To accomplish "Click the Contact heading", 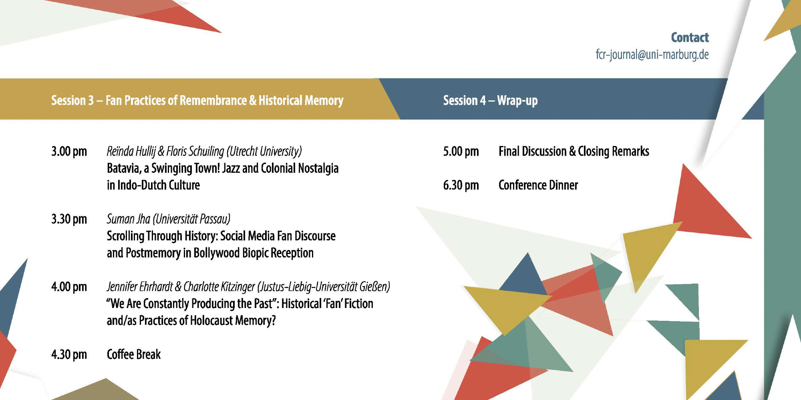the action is (x=690, y=38).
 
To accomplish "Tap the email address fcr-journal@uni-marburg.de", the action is (x=652, y=55).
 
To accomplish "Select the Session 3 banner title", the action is (x=197, y=100).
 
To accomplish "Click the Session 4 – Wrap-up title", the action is (x=490, y=100).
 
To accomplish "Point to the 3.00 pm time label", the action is (x=69, y=152).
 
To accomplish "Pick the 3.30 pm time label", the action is (x=69, y=219).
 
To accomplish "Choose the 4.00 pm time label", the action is (x=69, y=287).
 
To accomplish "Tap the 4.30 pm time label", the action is (x=69, y=354).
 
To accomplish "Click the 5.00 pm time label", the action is (x=461, y=152).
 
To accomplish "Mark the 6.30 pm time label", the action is (x=461, y=185).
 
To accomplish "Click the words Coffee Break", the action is (x=134, y=354).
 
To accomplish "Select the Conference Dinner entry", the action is (x=538, y=185).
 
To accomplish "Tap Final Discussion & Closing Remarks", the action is (x=574, y=152).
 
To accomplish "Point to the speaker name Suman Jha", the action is (x=128, y=219).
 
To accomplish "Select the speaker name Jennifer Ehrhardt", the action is (x=140, y=287).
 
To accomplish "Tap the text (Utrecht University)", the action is (x=264, y=152).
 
